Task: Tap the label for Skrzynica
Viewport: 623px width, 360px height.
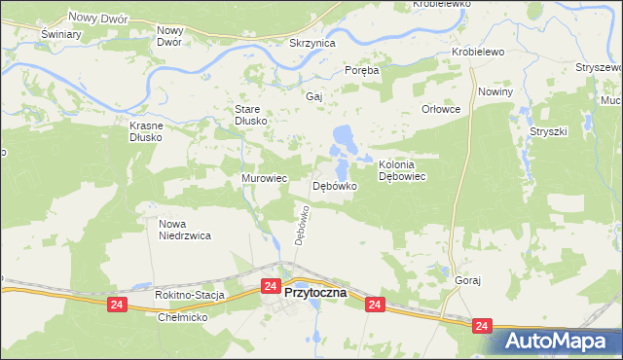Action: (312, 44)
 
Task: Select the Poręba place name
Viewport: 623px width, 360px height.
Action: (360, 70)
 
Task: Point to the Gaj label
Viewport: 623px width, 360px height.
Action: (313, 97)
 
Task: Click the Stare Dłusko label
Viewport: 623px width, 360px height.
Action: (250, 115)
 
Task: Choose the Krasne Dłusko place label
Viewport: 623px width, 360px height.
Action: (150, 131)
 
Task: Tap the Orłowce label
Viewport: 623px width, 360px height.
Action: (440, 109)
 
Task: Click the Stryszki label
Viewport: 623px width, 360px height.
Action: (548, 129)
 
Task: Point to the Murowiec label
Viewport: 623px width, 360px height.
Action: (264, 179)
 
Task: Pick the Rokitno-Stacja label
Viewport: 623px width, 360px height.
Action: (190, 295)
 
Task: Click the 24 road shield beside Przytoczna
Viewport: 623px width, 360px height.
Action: (272, 286)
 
